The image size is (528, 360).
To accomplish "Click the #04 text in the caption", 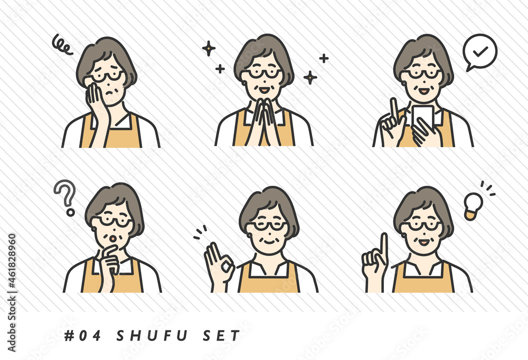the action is tap(83, 336).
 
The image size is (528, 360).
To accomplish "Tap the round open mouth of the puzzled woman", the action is tap(113, 239).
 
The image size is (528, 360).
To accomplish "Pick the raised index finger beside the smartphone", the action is tap(393, 108).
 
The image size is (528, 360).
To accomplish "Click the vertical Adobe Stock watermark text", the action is tap(12, 293).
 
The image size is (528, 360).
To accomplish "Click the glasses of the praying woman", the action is tap(262, 73).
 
